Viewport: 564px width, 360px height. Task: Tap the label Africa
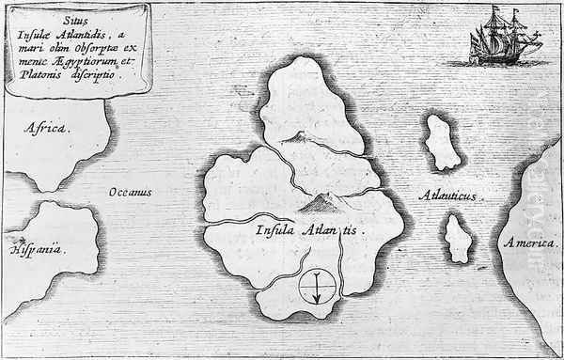47,128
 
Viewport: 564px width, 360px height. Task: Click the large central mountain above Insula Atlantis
317,198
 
